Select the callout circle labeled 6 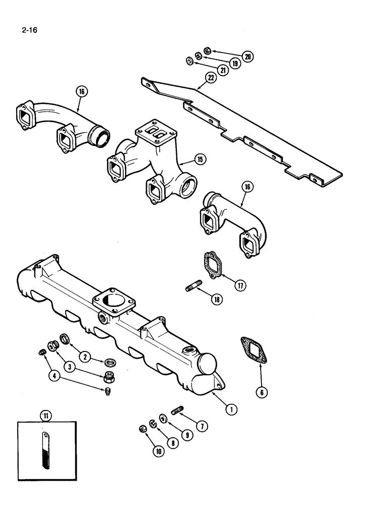[262, 391]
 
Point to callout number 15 [200, 160]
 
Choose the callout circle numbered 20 [248, 56]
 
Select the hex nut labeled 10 [142, 429]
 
